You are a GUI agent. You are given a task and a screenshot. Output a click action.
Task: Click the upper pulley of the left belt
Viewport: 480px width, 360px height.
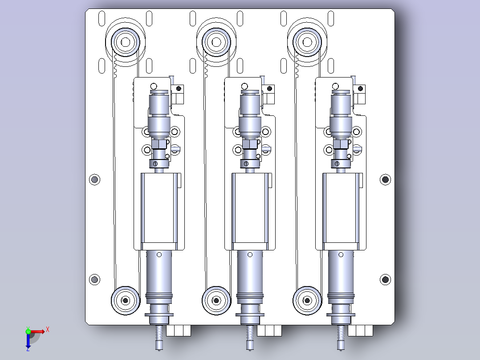pos(126,42)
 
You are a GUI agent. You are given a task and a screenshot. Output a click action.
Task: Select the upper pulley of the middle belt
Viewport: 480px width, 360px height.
pos(216,42)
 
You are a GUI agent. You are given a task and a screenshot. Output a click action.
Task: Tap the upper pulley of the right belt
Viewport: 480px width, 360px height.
pos(307,42)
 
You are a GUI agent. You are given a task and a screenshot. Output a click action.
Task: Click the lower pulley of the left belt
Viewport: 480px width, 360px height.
pos(126,301)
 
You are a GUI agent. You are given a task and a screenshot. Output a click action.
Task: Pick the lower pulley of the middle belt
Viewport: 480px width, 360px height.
pos(216,301)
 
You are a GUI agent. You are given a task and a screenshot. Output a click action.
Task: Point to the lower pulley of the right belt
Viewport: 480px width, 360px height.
pos(307,301)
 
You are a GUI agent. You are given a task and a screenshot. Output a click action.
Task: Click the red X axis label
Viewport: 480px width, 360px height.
pos(48,330)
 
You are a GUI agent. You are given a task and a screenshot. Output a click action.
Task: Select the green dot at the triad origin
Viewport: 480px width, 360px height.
pos(28,331)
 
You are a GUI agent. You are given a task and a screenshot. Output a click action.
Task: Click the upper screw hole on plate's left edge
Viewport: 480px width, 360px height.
pos(94,179)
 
